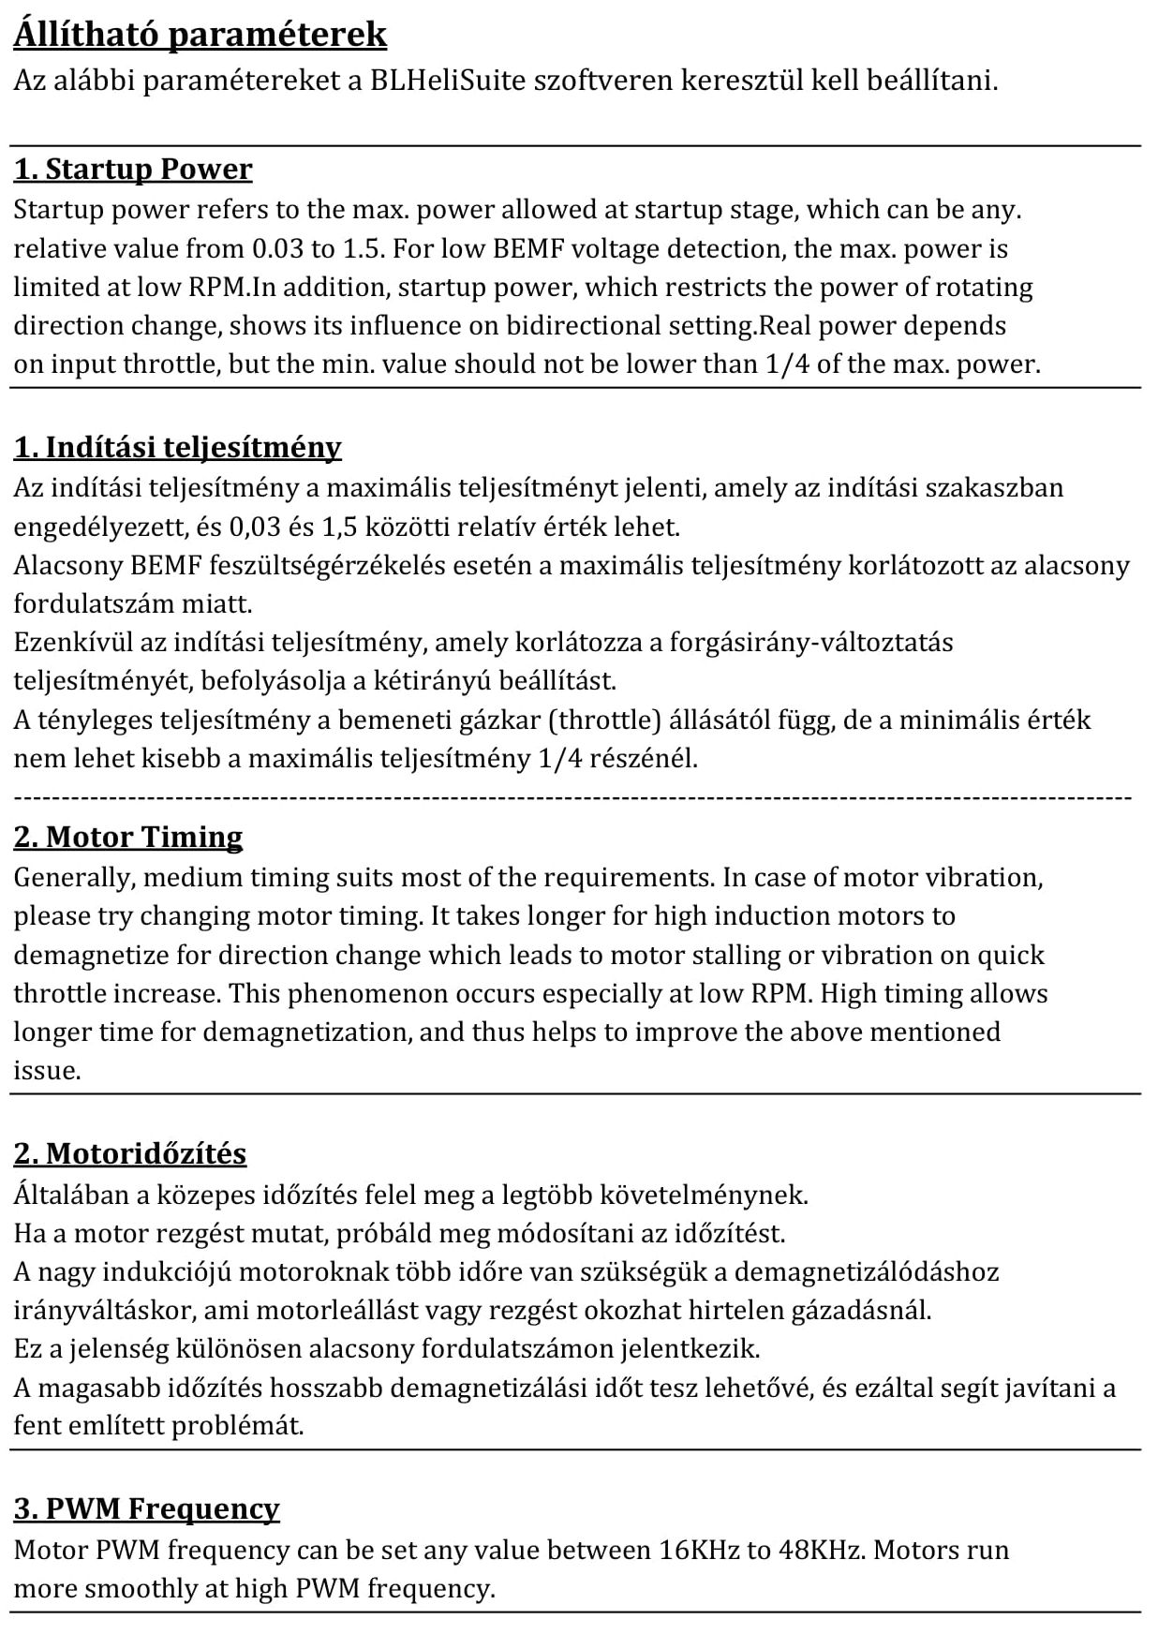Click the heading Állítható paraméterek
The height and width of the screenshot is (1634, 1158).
200,35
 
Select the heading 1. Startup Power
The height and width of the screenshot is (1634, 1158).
133,170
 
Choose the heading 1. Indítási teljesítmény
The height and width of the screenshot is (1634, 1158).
177,447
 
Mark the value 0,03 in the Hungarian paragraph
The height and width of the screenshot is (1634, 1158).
255,527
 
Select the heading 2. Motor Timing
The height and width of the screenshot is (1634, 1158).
128,837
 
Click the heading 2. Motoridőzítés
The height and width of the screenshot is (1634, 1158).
130,1153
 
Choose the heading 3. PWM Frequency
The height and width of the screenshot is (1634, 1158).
147,1508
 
